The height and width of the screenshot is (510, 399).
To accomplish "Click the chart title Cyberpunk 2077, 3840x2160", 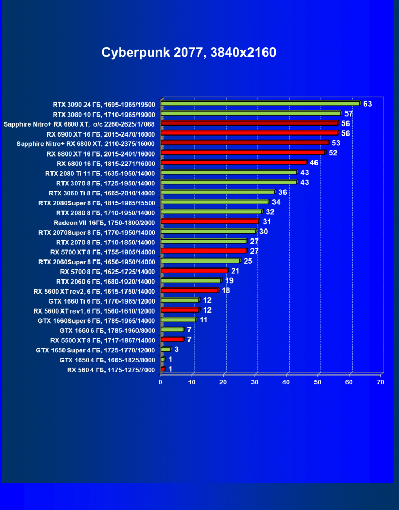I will [x=188, y=53].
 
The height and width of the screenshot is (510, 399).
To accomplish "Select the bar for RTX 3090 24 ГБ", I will [x=260, y=103].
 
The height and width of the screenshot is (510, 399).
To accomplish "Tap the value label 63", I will [x=367, y=104].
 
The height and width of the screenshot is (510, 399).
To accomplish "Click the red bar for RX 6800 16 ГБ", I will [x=233, y=162].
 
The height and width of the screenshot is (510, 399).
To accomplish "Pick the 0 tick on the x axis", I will [x=161, y=382].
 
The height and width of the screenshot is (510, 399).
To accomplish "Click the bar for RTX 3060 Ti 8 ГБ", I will [x=217, y=192].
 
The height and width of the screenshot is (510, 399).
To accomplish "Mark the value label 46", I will [x=314, y=163].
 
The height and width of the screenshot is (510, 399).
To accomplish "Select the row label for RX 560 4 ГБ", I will [x=111, y=370].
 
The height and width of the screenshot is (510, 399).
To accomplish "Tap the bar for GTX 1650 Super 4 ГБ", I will [x=165, y=349].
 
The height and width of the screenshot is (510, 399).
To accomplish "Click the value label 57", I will [x=349, y=113].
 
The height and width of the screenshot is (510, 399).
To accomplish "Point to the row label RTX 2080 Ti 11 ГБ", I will [x=100, y=173].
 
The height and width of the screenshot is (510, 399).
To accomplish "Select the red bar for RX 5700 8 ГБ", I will [x=194, y=271].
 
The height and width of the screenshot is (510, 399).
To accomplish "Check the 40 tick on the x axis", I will [x=286, y=382].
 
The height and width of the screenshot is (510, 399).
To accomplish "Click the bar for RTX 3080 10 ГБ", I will [x=250, y=113].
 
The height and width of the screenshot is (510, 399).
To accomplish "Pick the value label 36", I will [x=282, y=192].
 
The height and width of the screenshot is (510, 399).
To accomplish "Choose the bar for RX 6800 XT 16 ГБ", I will [x=243, y=153].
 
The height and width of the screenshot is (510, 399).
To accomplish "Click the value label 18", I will [x=226, y=290].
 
